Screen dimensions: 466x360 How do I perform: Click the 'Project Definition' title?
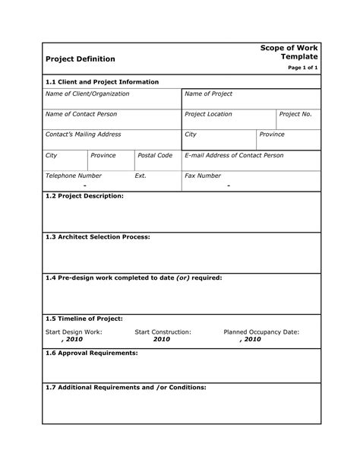[81, 59]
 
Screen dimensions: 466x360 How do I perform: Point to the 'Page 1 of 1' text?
[302, 68]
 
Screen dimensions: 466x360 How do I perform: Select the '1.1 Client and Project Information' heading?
[102, 81]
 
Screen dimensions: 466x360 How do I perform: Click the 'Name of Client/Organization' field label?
[87, 94]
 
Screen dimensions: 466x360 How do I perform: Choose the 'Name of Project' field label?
[208, 94]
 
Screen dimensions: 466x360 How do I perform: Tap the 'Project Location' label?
[208, 114]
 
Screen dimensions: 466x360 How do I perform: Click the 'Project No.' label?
[295, 114]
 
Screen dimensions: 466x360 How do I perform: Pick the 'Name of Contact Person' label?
[83, 114]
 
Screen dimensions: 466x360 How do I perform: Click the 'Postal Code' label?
[155, 155]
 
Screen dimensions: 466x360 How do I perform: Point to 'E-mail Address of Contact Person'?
[235, 155]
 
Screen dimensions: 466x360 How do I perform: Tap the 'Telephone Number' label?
[74, 176]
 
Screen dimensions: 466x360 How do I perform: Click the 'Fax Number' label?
[203, 176]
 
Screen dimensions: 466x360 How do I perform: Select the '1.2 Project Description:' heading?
[84, 195]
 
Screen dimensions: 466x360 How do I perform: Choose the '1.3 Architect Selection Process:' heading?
[98, 237]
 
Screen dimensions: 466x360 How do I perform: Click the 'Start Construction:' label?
[163, 332]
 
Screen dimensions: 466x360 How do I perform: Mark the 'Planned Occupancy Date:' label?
[261, 332]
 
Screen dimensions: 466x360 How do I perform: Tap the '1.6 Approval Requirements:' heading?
[92, 353]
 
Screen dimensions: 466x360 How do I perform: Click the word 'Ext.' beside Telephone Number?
[141, 176]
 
